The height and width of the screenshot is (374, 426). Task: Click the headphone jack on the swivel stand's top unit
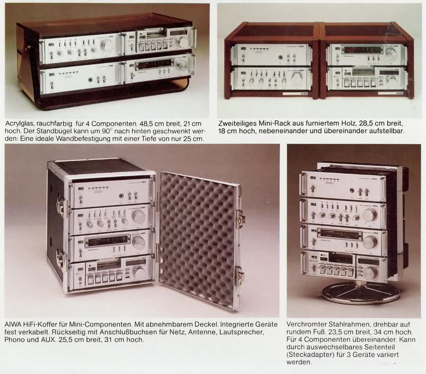pos(352,190)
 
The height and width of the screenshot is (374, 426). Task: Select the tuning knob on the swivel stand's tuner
pos(371,242)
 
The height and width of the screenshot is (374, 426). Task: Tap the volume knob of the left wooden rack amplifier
pos(298,79)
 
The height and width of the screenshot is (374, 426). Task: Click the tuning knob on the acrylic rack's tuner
pos(181,66)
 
